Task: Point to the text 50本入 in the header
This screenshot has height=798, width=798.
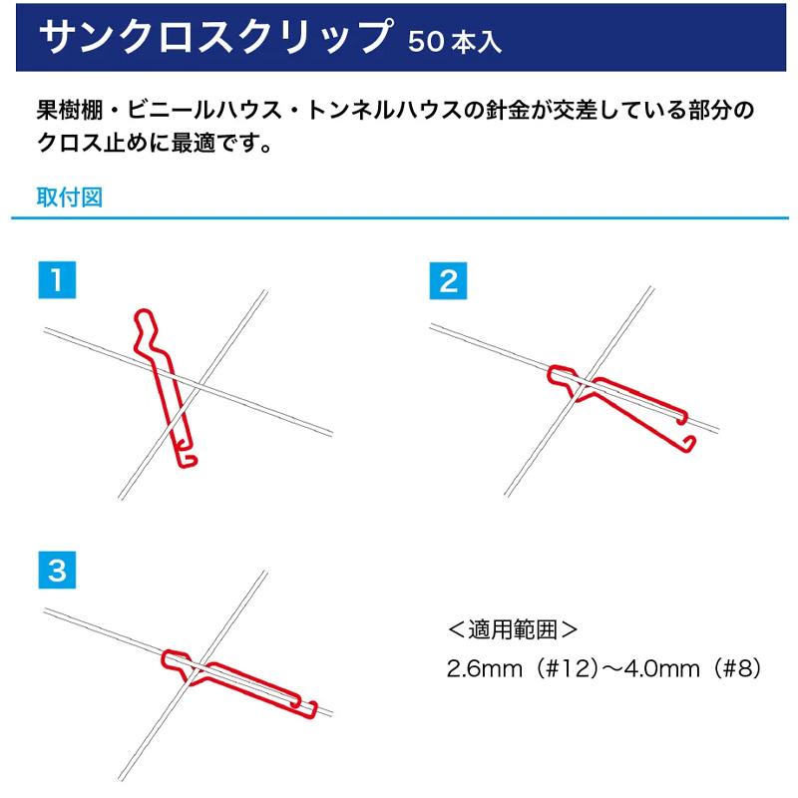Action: click(454, 42)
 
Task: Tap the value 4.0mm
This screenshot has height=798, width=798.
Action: click(653, 666)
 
